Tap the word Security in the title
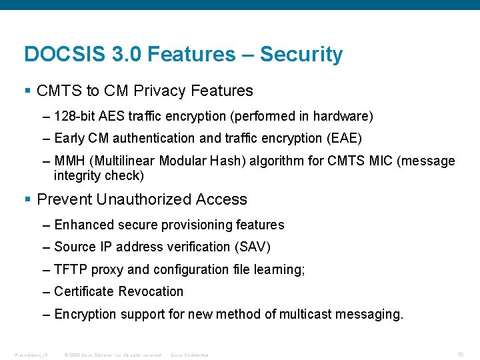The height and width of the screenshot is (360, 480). tap(301, 54)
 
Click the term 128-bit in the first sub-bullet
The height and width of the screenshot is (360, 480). tap(74, 117)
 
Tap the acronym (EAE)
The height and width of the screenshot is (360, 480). tap(345, 139)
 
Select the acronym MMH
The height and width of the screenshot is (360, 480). tap(70, 161)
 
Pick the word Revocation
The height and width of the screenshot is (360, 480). tap(152, 292)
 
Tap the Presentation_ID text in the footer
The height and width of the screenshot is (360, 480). tap(31, 355)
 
